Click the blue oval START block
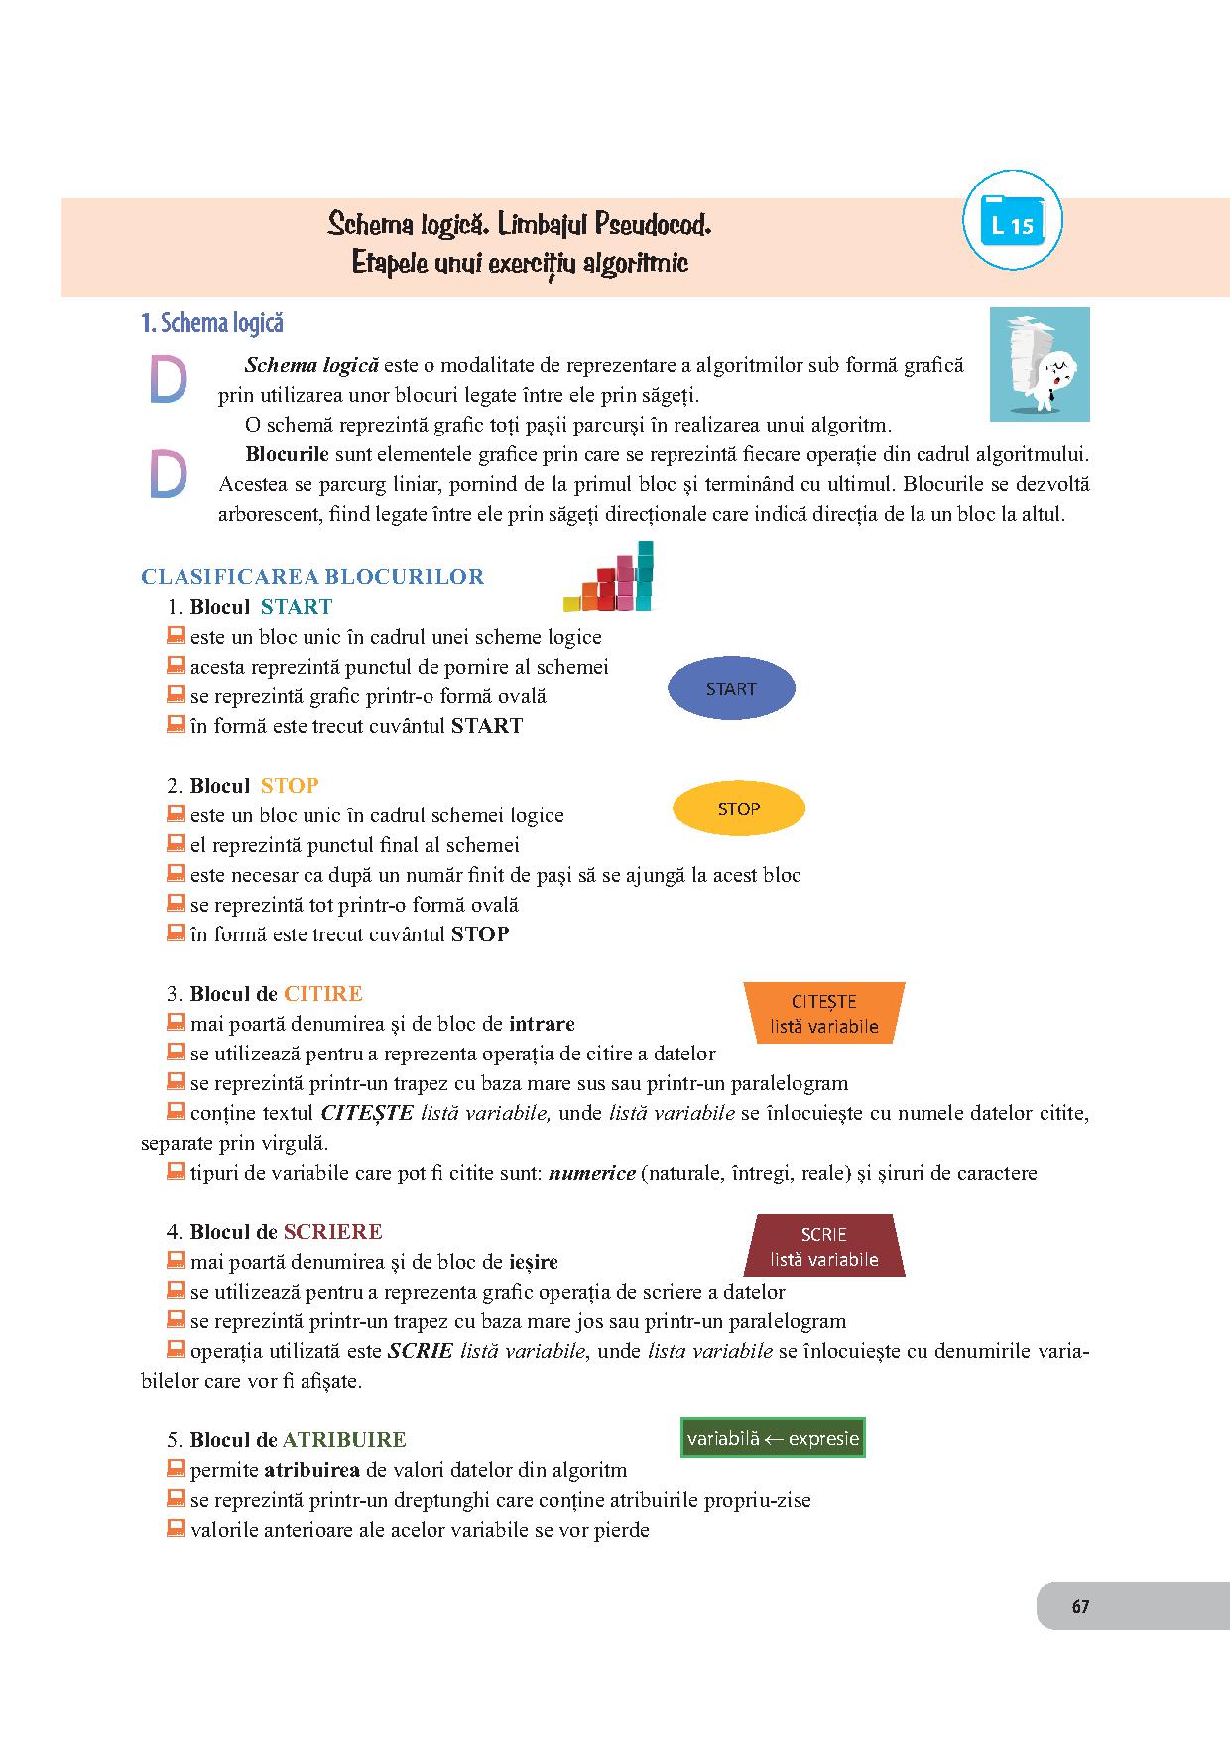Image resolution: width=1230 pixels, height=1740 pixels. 731,689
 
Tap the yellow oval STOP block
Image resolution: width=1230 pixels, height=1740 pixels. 739,809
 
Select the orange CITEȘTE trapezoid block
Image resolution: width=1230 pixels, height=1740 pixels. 823,1014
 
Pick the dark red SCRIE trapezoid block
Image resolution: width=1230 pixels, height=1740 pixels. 823,1246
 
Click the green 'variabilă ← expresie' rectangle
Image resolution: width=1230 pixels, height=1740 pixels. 773,1438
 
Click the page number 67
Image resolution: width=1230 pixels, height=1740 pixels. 1080,1606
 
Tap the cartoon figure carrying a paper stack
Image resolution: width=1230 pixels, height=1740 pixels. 1039,364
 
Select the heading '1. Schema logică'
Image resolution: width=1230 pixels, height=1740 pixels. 212,323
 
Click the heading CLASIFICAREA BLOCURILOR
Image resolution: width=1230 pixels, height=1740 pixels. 312,577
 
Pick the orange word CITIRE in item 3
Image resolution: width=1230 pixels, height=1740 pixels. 323,994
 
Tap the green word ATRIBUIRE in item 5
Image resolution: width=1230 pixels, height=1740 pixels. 344,1440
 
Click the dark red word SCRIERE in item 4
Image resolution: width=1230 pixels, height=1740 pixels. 332,1232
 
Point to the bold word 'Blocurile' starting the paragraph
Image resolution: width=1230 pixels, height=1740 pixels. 287,455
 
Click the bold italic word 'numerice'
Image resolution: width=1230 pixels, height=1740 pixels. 591,1173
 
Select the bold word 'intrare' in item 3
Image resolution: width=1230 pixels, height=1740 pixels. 542,1024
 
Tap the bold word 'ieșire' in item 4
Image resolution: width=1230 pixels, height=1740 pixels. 533,1262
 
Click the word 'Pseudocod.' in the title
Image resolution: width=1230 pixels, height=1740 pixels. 653,225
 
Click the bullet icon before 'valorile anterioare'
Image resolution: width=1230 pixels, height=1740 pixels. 176,1528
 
